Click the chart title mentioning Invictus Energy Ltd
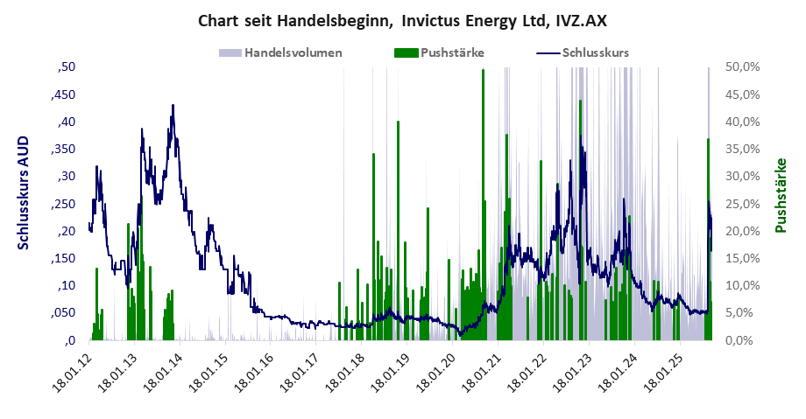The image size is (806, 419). (x=402, y=19)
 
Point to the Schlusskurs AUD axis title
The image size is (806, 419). (x=24, y=192)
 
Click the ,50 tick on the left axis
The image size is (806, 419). (x=67, y=66)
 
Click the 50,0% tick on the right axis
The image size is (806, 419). (x=741, y=66)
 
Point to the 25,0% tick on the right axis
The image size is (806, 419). (x=741, y=204)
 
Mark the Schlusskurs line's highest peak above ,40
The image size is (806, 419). (x=173, y=106)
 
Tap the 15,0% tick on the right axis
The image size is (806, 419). (x=741, y=258)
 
